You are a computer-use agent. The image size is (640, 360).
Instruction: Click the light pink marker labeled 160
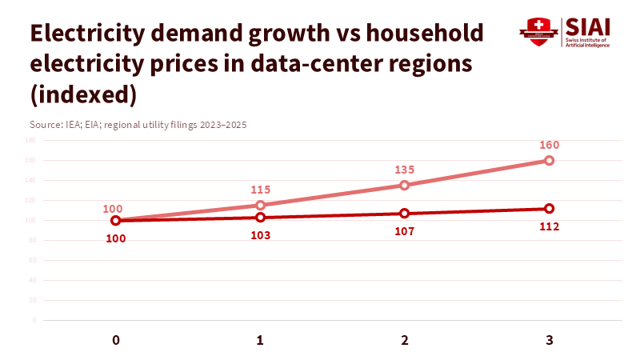(x=549, y=160)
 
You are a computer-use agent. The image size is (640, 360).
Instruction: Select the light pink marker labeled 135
(x=405, y=185)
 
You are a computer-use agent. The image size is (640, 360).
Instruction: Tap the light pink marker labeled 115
(x=261, y=205)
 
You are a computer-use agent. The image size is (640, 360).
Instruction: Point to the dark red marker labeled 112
(x=549, y=208)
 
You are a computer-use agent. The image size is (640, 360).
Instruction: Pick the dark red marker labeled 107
(x=405, y=214)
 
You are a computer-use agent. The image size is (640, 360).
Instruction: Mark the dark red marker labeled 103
(x=261, y=218)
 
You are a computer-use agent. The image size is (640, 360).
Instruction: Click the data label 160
(x=549, y=145)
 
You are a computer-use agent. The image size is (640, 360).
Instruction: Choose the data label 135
(x=405, y=170)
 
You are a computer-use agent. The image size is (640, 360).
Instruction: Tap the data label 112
(x=549, y=226)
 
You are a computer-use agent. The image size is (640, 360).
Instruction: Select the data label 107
(x=405, y=231)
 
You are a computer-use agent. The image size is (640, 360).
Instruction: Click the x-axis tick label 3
(x=549, y=340)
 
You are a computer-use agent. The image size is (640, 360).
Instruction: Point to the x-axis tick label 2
(x=405, y=340)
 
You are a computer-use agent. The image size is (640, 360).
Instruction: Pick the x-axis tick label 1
(x=261, y=340)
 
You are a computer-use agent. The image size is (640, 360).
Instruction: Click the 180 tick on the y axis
(x=30, y=140)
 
